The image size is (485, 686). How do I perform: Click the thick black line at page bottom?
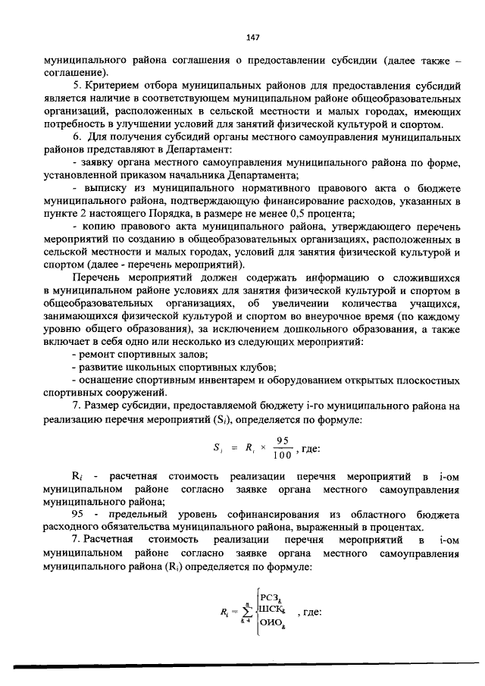pyautogui.click(x=242, y=667)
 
